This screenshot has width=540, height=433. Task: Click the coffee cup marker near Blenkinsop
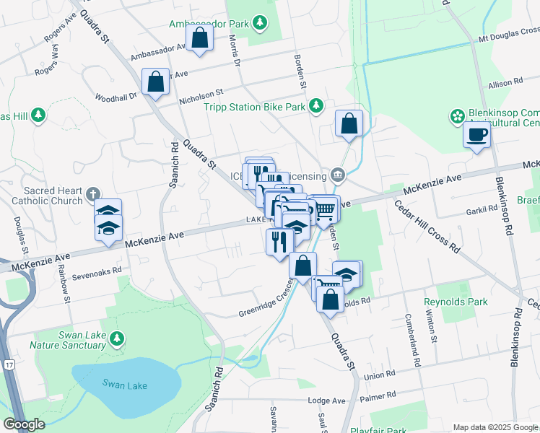(476, 135)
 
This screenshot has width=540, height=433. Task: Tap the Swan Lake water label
(124, 385)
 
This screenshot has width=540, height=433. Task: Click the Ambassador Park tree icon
(261, 23)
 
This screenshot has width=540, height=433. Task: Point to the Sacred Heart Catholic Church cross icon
(92, 193)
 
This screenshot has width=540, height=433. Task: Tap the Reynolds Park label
(456, 302)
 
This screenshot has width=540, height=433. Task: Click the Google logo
(24, 424)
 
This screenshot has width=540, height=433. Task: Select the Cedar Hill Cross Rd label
(427, 225)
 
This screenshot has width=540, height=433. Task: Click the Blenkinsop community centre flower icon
(457, 115)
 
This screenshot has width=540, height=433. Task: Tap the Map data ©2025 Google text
(495, 427)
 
